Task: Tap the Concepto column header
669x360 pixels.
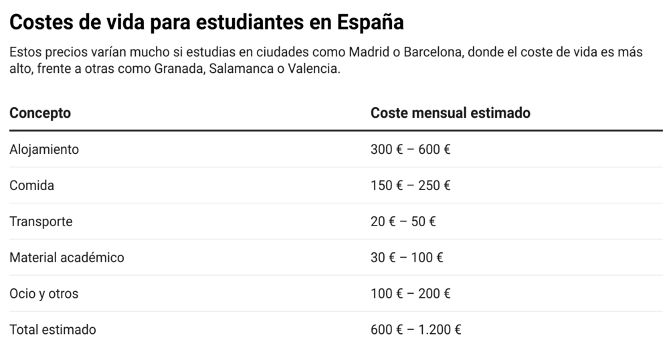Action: pos(40,113)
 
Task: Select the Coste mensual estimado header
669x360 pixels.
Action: pos(450,113)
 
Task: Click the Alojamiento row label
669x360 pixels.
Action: pos(44,149)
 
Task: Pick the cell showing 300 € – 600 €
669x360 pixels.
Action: pos(410,149)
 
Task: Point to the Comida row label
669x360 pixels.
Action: pos(31,185)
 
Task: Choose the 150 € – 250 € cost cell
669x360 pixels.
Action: pos(410,185)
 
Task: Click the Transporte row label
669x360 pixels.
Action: pos(41,221)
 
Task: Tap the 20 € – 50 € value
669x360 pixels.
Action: pos(403,221)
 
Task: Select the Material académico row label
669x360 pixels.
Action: pos(67,258)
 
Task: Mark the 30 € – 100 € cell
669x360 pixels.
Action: pos(407,258)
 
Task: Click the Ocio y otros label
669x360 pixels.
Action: pos(44,294)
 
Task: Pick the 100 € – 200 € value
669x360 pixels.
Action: pos(410,294)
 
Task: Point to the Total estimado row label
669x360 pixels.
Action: pos(53,330)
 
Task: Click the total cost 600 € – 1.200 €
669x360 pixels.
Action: pos(415,330)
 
